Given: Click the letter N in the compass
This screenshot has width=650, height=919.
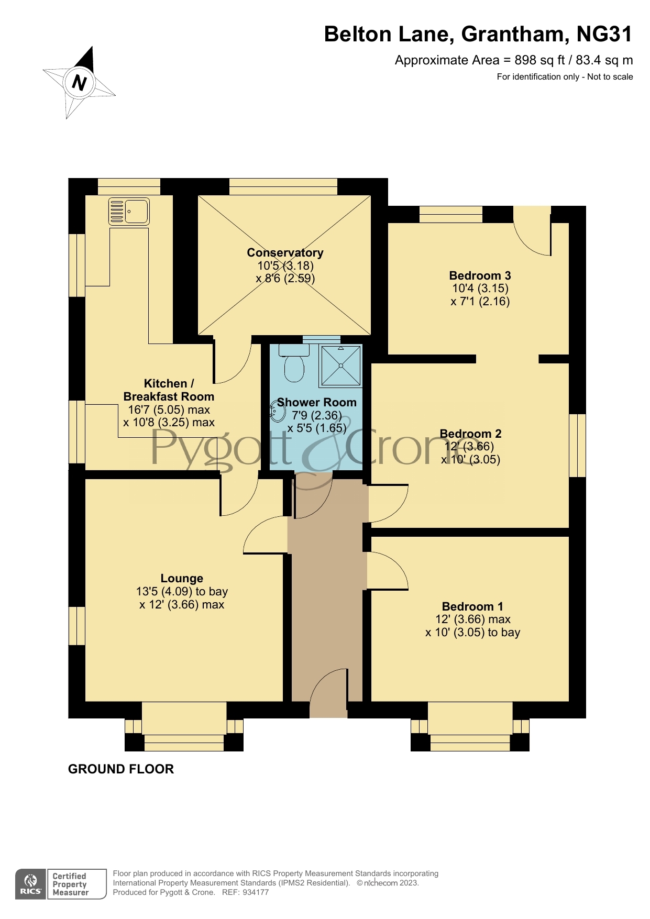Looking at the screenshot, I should point(79,83).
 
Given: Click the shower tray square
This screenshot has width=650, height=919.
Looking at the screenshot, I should point(341,366).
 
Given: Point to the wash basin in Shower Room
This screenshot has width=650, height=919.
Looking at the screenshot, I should point(276,411).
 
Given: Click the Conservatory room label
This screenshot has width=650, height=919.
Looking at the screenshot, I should point(285,252).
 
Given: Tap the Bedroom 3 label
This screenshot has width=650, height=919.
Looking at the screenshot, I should point(480,275).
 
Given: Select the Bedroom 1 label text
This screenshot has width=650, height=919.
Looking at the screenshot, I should point(472,606).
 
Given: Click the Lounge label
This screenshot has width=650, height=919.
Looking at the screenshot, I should point(182,578).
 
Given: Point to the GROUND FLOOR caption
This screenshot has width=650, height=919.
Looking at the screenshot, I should point(121,769).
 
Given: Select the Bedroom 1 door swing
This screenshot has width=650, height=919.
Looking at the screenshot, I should point(388,571).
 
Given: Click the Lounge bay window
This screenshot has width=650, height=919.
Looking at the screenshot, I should point(184,728).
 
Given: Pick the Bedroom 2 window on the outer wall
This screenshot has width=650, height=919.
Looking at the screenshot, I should point(577,446).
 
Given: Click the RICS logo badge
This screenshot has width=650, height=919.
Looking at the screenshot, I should point(31,884).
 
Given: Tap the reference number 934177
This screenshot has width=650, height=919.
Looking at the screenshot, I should point(256,892).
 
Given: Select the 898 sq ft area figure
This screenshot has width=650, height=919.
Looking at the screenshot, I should point(539,60).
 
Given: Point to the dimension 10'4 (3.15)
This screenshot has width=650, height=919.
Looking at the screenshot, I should point(480,288).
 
